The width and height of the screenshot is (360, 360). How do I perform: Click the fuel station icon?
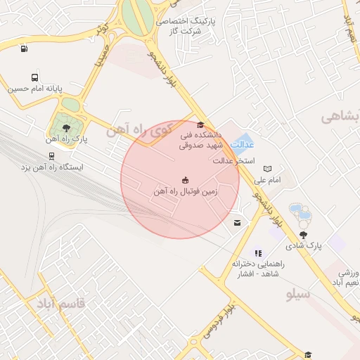25,49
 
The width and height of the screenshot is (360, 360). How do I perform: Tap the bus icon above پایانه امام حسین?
35,77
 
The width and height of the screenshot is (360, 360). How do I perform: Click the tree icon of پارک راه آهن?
65,127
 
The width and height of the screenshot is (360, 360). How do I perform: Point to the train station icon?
52,156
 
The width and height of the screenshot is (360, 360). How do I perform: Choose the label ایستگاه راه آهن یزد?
51,168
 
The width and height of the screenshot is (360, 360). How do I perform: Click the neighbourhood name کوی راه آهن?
139,131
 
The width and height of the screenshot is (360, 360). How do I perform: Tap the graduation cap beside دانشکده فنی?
200,124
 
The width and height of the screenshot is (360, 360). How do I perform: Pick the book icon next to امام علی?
267,169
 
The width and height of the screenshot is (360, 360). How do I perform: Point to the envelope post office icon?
238,223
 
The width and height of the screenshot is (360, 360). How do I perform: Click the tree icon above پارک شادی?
303,234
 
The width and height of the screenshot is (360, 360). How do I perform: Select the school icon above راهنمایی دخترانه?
258,252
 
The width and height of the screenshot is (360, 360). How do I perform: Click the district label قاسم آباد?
60,304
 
